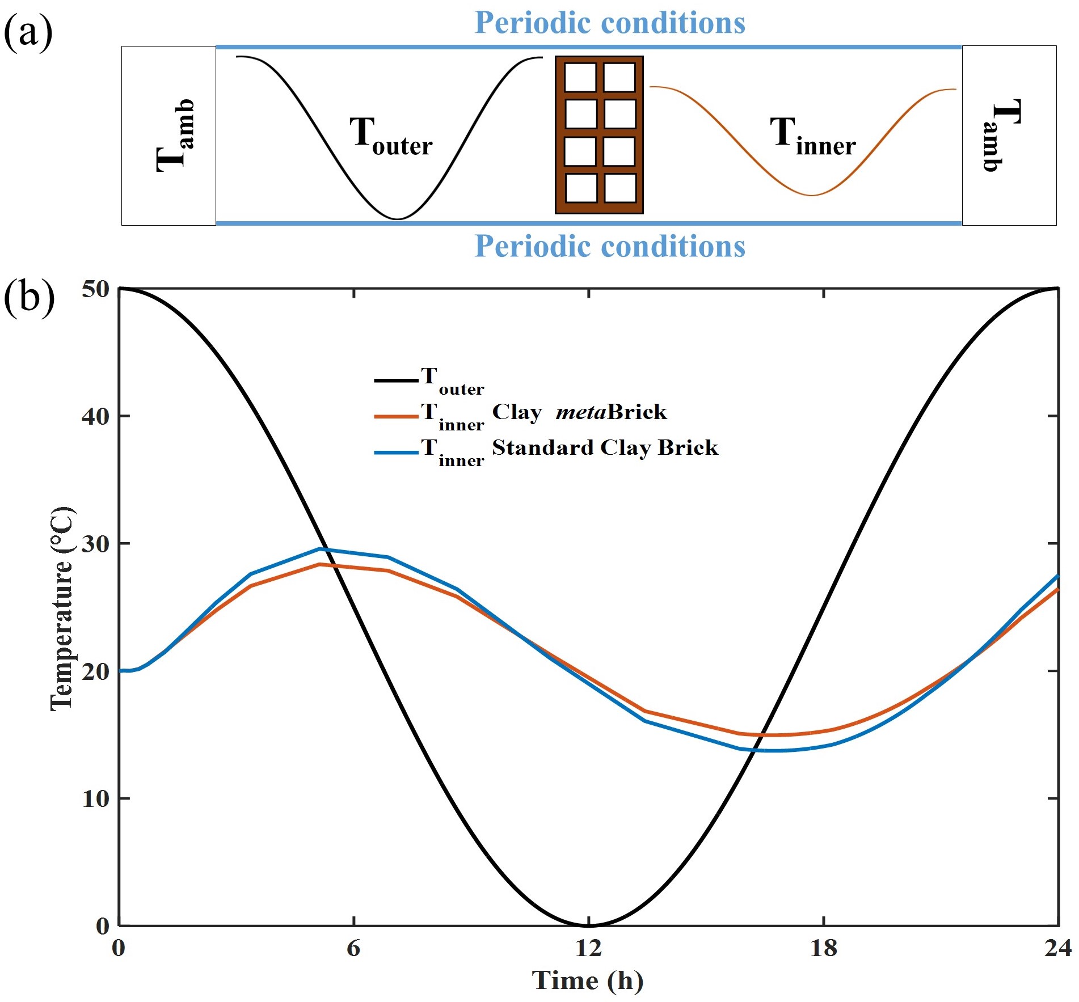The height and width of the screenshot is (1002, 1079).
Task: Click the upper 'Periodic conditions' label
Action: [609, 23]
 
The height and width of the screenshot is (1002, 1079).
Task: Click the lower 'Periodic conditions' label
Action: [609, 246]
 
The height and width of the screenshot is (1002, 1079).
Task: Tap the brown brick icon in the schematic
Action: [599, 134]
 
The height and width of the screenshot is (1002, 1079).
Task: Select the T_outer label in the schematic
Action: [390, 136]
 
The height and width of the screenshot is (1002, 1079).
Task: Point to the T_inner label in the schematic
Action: [812, 136]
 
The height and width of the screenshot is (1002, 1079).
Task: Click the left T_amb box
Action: [168, 136]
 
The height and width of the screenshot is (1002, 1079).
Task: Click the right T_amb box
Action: [1009, 136]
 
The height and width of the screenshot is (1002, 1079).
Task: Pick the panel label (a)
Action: [28, 32]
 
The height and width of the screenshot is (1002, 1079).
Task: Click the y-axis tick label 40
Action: [95, 416]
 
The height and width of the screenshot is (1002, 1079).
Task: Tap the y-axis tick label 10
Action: [95, 798]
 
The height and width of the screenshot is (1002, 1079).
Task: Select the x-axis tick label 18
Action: [823, 948]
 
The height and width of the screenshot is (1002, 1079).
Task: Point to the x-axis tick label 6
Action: [353, 948]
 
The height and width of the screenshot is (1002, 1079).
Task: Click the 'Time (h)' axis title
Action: [588, 980]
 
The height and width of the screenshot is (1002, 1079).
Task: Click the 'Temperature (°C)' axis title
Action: [61, 608]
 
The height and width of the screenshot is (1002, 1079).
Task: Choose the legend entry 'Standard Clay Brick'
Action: [605, 448]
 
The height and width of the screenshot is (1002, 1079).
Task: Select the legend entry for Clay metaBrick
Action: [579, 412]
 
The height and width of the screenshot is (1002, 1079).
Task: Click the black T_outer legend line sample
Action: [397, 380]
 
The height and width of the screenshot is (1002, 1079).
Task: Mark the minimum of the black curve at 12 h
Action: [589, 925]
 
